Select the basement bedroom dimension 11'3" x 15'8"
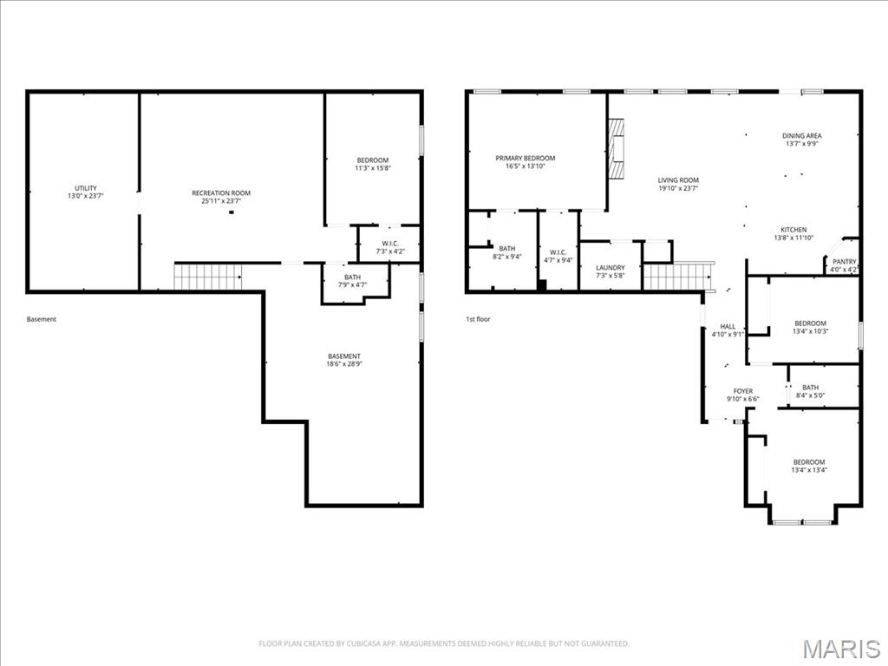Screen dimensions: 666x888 tap(373, 168)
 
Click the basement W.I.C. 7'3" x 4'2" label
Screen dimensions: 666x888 tap(389, 251)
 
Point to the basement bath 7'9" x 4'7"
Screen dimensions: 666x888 tap(352, 280)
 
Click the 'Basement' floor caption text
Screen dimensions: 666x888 tap(42, 319)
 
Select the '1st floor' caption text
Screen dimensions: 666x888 tap(478, 319)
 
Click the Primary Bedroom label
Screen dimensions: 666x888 tap(525, 158)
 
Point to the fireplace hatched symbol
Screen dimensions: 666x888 tap(616, 149)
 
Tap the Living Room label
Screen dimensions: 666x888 tap(677, 180)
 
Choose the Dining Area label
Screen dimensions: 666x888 tap(801, 136)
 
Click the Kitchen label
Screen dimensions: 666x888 tap(793, 230)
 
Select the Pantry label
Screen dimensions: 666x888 tap(844, 262)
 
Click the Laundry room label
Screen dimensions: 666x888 tap(610, 267)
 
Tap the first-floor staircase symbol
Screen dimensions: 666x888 tap(676, 277)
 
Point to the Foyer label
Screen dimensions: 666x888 tap(742, 391)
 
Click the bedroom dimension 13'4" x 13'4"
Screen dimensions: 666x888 tap(808, 470)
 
